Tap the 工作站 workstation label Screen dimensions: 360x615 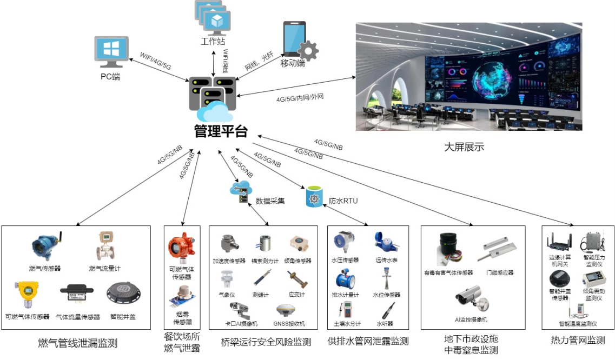coord(213,41)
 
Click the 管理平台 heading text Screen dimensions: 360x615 coord(221,131)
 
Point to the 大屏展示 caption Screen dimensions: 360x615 coord(464,146)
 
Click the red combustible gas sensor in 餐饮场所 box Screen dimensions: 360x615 coord(182,249)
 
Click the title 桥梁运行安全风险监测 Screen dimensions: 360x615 coord(266,342)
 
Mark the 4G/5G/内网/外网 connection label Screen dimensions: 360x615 coord(300,99)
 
